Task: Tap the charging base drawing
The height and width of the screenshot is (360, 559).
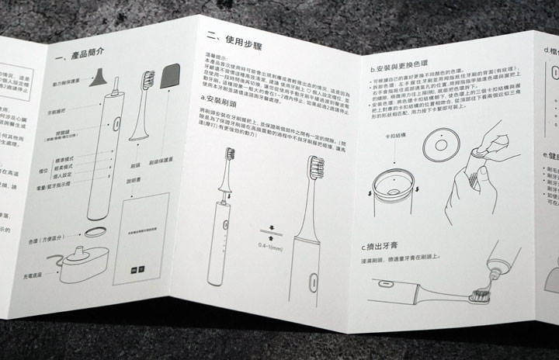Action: [x=86, y=266]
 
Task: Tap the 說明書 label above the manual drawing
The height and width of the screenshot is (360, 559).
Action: [x=135, y=187]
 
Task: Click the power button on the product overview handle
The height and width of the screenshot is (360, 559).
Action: [x=113, y=123]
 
